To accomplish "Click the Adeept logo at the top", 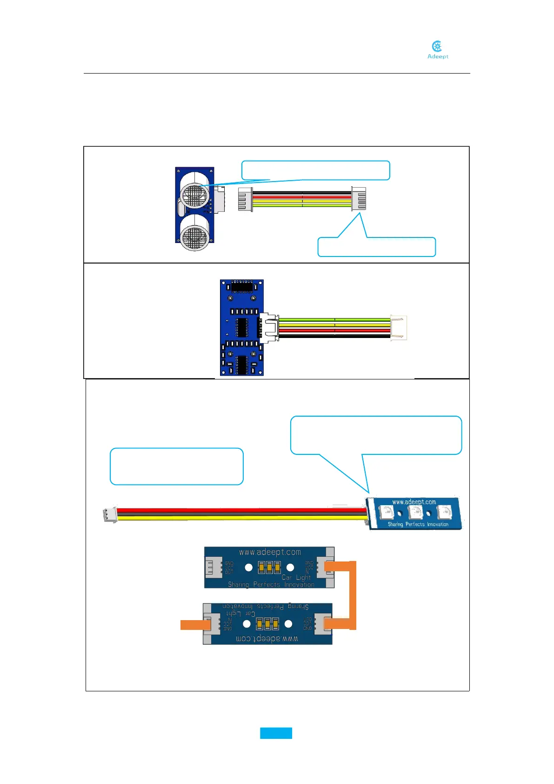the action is point(437,50).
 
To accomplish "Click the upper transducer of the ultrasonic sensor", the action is point(194,195).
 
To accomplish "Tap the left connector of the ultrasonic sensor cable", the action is point(245,199).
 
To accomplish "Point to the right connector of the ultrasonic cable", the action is point(359,199).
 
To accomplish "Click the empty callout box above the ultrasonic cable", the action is point(315,170).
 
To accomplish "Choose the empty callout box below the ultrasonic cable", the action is point(376,247).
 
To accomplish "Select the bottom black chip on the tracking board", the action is point(241,365).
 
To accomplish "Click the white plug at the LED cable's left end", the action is point(109,514).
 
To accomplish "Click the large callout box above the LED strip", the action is point(376,435).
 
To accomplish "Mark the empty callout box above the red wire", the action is point(176,466).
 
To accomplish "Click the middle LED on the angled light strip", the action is point(414,512).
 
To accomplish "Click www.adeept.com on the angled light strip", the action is point(414,502).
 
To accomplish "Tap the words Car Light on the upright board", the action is point(296,577).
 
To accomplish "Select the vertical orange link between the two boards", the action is point(353,595).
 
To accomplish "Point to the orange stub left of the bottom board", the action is point(192,625).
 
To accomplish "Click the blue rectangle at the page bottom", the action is point(276,733).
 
